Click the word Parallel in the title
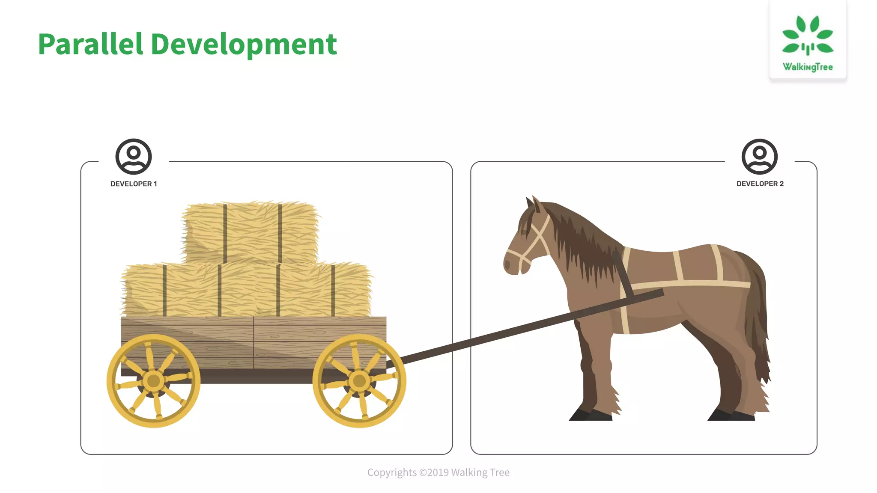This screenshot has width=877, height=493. (90, 44)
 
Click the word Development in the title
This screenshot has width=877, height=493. (244, 45)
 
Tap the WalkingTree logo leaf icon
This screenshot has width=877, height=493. (808, 36)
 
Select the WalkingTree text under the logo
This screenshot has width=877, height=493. (808, 67)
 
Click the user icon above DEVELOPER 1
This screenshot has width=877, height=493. (134, 157)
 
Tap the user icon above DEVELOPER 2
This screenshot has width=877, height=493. (760, 157)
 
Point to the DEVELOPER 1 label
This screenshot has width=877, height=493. (134, 184)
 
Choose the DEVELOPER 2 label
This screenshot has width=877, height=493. (760, 184)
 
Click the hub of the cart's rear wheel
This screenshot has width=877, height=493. (153, 380)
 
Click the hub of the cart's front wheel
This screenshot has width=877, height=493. (359, 380)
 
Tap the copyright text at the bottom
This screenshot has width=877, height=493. (438, 472)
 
